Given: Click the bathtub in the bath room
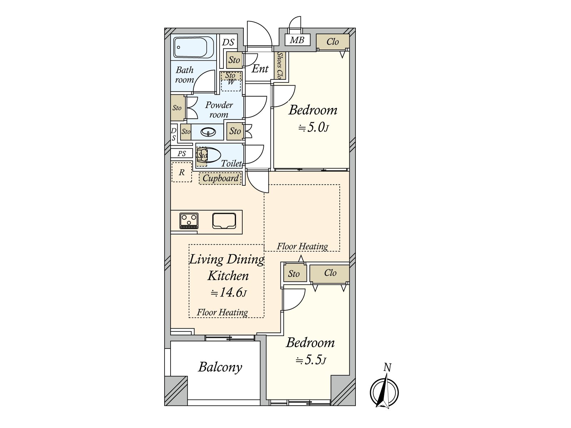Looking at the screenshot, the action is [194, 47].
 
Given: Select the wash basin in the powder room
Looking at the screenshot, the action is [208, 132].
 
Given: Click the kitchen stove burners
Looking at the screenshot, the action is [189, 221].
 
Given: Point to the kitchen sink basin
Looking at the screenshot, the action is [224, 221].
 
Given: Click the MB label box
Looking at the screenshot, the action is [297, 40].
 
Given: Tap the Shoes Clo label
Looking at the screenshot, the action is [280, 66].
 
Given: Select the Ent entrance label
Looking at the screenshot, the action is [260, 69].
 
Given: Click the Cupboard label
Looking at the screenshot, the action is [220, 179].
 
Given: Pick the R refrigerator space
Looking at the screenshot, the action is [182, 172].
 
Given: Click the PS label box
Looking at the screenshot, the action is [182, 154].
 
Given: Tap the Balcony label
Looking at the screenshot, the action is [220, 367].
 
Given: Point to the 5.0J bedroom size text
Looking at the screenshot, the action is [313, 128].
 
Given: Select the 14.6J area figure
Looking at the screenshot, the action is [228, 293].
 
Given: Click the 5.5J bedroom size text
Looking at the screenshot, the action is [310, 361].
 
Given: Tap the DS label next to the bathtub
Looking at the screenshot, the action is [228, 42].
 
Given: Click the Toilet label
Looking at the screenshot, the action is [231, 163].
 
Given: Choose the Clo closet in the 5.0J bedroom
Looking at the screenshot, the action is [333, 42].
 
